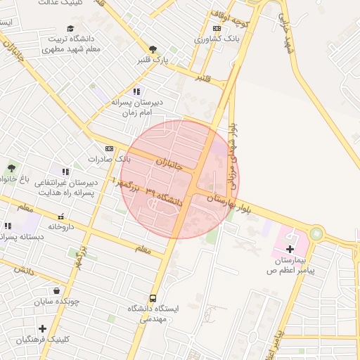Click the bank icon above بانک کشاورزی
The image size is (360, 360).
(x=217, y=28)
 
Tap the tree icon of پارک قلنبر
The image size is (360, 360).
(x=153, y=49)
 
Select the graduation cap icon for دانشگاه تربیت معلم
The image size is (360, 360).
(x=70, y=27)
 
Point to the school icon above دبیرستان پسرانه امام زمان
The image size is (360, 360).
(x=136, y=91)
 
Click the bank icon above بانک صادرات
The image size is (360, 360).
(x=109, y=148)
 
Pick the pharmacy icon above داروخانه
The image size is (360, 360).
(x=61, y=217)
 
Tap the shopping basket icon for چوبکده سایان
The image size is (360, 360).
(x=56, y=290)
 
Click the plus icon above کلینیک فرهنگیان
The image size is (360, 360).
(x=43, y=328)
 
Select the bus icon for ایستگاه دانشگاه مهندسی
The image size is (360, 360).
(x=153, y=298)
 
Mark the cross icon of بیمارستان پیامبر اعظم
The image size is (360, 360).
(x=290, y=249)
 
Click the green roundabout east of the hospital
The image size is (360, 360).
(x=316, y=233)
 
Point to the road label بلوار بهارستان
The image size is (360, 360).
(x=229, y=204)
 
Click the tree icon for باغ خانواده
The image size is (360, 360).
(x=11, y=167)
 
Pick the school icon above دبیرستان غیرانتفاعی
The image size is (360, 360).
(x=65, y=172)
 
